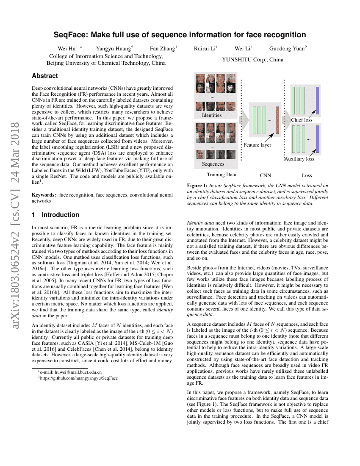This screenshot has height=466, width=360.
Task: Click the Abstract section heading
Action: [x=45, y=76]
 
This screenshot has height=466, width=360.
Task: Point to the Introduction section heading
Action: [x=60, y=215]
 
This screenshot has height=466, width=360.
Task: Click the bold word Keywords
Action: [x=44, y=195]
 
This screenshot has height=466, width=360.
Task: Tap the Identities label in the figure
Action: [x=212, y=115]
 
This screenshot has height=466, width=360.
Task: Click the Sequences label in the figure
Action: [x=213, y=164]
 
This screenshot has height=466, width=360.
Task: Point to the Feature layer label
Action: [x=257, y=145]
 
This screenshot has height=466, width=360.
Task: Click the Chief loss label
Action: [x=302, y=120]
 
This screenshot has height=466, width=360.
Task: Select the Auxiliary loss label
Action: [x=299, y=159]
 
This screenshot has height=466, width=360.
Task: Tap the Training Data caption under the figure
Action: [x=222, y=175]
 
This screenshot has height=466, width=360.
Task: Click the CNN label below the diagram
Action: [x=265, y=175]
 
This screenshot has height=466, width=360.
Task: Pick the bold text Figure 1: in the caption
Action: [x=197, y=186]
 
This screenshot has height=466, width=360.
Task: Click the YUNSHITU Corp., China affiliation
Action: [x=252, y=60]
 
